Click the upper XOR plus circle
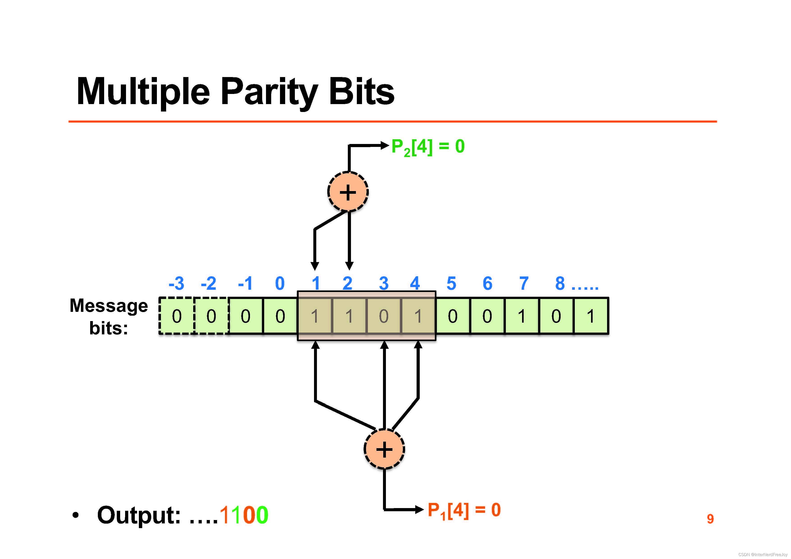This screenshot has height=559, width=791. pyautogui.click(x=348, y=192)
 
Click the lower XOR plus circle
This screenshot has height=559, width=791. pyautogui.click(x=384, y=449)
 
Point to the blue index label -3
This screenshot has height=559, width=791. pyautogui.click(x=176, y=283)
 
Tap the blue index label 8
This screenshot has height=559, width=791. pyautogui.click(x=560, y=283)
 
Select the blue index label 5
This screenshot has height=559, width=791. pyautogui.click(x=451, y=283)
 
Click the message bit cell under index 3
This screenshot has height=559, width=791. pyautogui.click(x=384, y=316)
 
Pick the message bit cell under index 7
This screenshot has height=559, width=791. pyautogui.click(x=522, y=316)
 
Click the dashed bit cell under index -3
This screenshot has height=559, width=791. pyautogui.click(x=177, y=316)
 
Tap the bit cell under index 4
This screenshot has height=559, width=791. pyautogui.click(x=418, y=316)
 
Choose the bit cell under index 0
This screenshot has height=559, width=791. pyautogui.click(x=280, y=316)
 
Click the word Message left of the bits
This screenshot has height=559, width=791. pyautogui.click(x=109, y=306)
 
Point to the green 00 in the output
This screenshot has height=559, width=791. pyautogui.click(x=255, y=515)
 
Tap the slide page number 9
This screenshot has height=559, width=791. pyautogui.click(x=710, y=519)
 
